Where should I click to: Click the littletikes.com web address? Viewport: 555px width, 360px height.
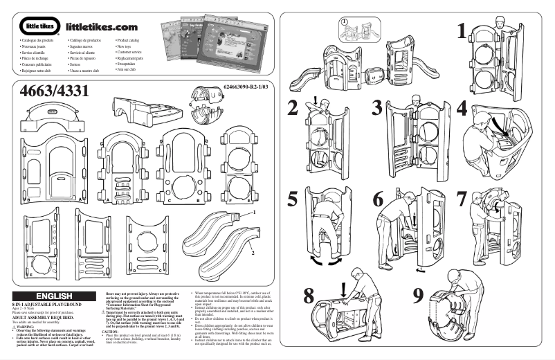pyautogui.click(x=102, y=27)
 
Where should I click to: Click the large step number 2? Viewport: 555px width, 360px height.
pyautogui.click(x=293, y=107)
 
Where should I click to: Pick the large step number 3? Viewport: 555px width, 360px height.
pyautogui.click(x=377, y=107)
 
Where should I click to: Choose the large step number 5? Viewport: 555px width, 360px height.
pyautogui.click(x=293, y=199)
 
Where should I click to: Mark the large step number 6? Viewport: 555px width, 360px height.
pyautogui.click(x=378, y=199)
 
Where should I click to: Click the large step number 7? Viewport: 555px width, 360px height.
pyautogui.click(x=462, y=198)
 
